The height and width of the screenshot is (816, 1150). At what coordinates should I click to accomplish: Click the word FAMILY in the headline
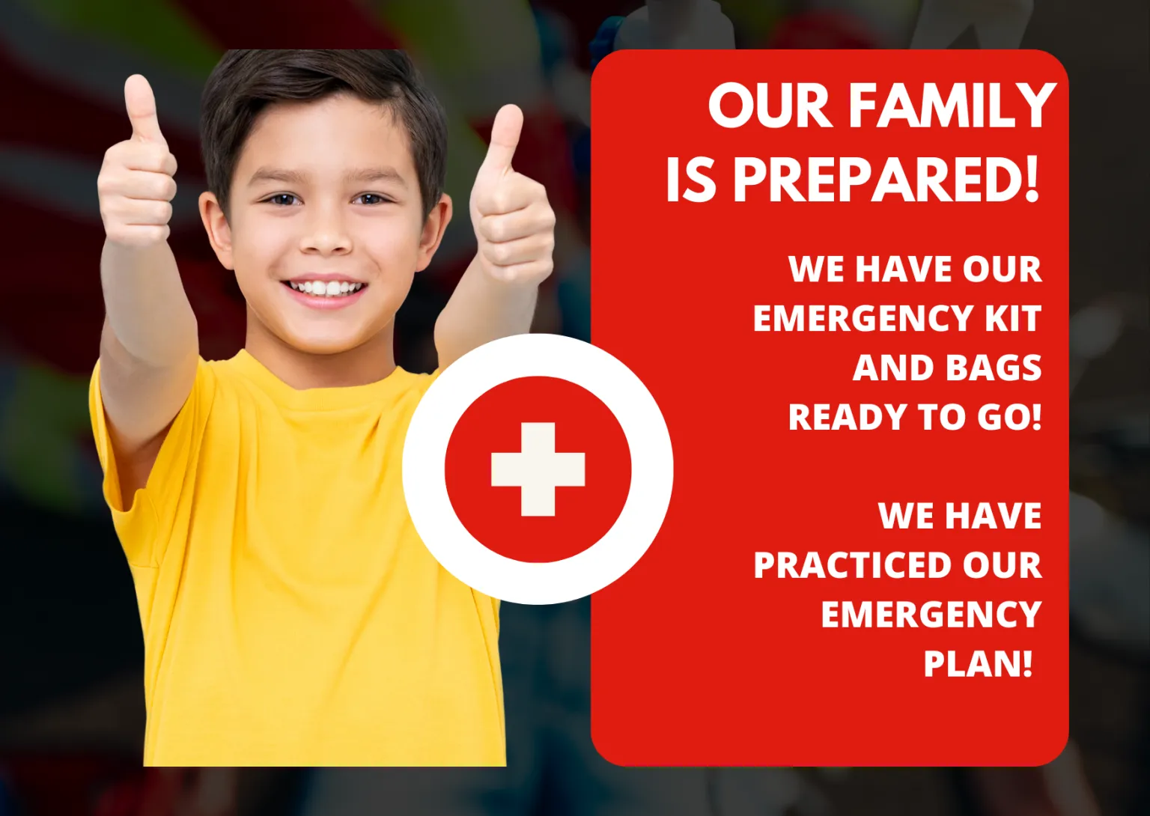pyautogui.click(x=952, y=106)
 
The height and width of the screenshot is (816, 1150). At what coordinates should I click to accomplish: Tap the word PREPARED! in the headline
pyautogui.click(x=886, y=180)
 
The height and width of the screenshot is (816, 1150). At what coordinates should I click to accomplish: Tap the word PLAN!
pyautogui.click(x=978, y=663)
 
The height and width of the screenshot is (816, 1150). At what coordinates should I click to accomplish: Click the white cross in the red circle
pyautogui.click(x=538, y=469)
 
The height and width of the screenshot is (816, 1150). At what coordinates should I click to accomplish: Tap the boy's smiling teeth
pyautogui.click(x=324, y=288)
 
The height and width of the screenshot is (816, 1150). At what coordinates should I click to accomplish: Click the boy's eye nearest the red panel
pyautogui.click(x=370, y=198)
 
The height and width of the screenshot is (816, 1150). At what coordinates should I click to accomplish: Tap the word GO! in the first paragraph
pyautogui.click(x=1009, y=417)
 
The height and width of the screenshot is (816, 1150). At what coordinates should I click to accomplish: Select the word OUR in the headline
pyautogui.click(x=770, y=106)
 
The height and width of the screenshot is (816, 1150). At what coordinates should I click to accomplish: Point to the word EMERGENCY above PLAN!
pyautogui.click(x=931, y=615)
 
